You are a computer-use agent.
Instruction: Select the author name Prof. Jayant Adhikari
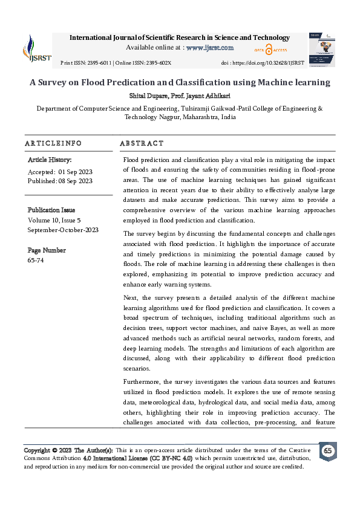pyautogui.click(x=200, y=96)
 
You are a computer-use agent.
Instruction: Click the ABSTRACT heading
pyautogui.click(x=142, y=143)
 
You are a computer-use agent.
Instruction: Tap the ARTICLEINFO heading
pyautogui.click(x=53, y=143)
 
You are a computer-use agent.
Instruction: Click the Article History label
pyautogui.click(x=50, y=160)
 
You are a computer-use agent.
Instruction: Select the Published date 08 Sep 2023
pyautogui.click(x=76, y=181)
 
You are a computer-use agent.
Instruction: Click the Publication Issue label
pyautogui.click(x=51, y=210)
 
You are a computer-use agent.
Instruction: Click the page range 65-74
pyautogui.click(x=36, y=261)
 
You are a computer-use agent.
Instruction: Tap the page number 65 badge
pyautogui.click(x=327, y=451)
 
